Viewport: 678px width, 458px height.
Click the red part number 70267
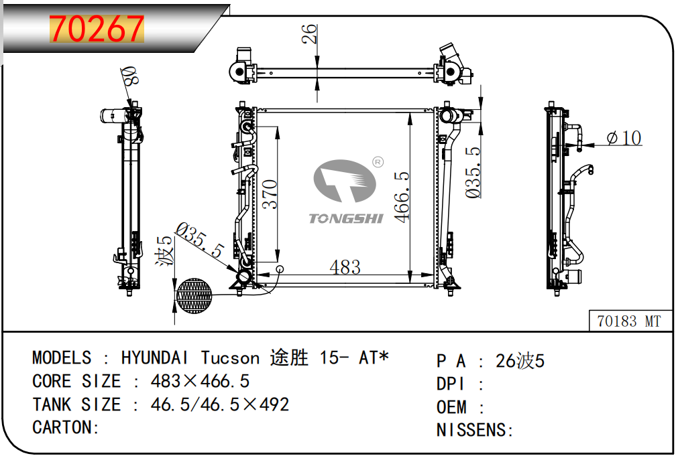(97, 29)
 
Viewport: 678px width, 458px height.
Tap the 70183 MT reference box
(630, 321)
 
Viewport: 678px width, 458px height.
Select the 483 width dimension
(345, 267)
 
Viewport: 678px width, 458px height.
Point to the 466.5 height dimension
(402, 197)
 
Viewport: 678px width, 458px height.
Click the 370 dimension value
(270, 194)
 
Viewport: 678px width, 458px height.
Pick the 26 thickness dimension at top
(309, 33)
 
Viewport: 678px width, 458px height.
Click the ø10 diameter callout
(624, 138)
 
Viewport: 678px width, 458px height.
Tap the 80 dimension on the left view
(129, 76)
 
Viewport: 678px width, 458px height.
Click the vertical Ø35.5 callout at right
(473, 172)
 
